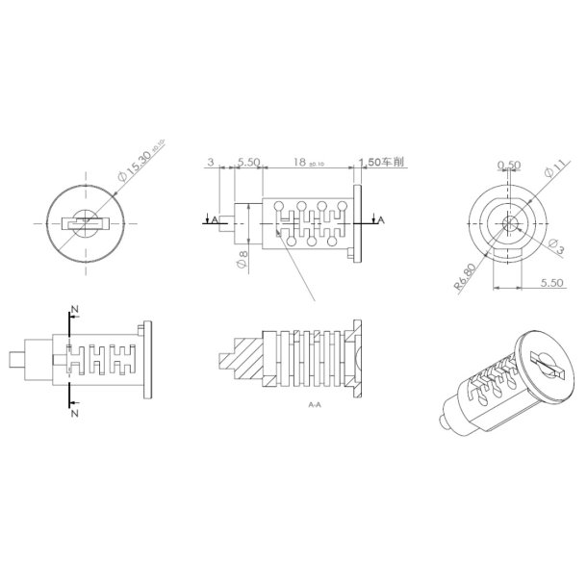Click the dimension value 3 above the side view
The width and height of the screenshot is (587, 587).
coord(212,163)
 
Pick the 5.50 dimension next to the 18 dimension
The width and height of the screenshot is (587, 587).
coord(248,163)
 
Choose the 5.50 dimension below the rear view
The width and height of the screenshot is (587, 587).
coord(551,282)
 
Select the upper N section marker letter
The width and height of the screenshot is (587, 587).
coord(74,309)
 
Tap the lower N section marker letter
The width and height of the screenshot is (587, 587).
coord(74,411)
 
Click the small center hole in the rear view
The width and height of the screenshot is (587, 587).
coord(509,222)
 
